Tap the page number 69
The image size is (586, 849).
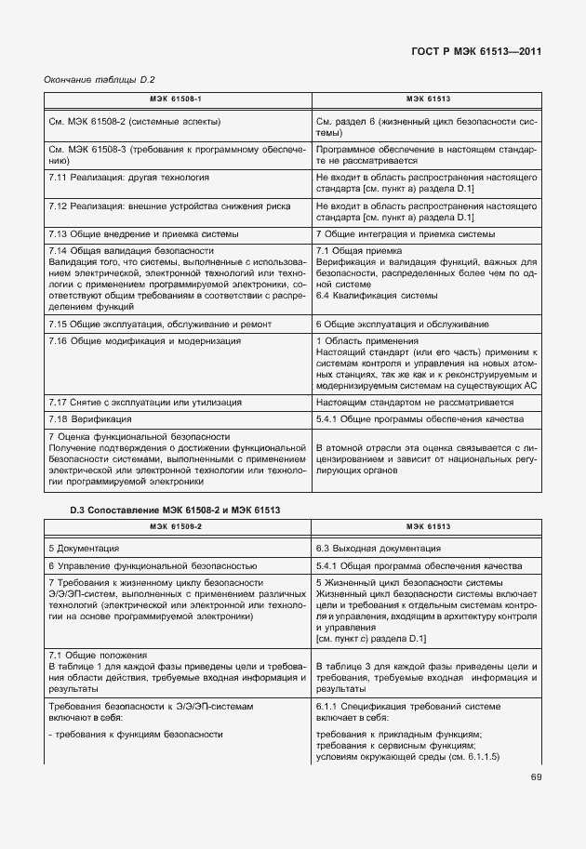536,776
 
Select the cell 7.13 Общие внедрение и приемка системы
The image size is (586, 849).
143,233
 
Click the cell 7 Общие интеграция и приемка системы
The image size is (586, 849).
405,233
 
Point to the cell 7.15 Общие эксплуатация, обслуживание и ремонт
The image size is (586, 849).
160,325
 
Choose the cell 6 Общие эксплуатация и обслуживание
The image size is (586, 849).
403,325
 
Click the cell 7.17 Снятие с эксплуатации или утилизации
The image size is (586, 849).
144,402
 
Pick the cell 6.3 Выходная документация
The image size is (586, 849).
373,548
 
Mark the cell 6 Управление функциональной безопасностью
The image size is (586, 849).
153,565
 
